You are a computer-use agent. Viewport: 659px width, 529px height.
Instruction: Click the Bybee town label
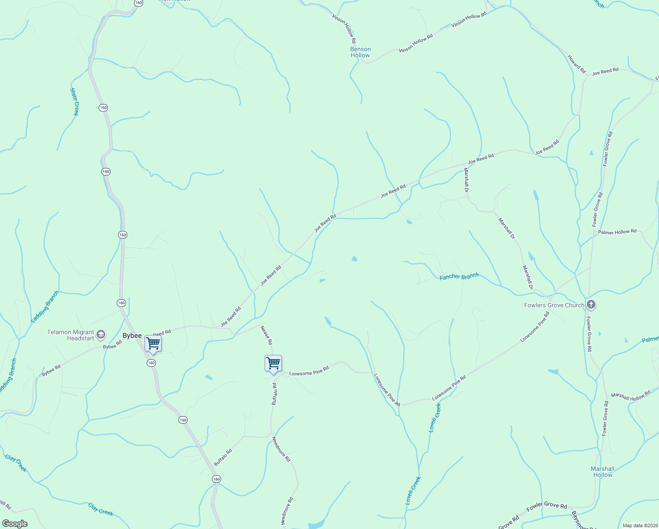(x=132, y=336)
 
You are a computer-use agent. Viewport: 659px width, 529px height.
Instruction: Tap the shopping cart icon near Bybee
(x=153, y=343)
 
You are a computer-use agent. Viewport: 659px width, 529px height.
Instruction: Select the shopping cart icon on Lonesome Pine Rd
(x=273, y=363)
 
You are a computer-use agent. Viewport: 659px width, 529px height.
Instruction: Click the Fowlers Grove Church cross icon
(x=591, y=305)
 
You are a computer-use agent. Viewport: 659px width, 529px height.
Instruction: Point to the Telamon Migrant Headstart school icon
(x=101, y=335)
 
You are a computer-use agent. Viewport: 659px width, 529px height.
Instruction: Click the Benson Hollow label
(x=360, y=52)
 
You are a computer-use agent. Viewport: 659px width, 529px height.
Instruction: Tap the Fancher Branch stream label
(x=459, y=276)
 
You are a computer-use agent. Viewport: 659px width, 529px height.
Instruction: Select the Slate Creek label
(x=74, y=102)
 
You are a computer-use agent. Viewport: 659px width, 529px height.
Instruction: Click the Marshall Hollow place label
(x=603, y=472)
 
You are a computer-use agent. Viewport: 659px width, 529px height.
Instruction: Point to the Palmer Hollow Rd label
(x=617, y=232)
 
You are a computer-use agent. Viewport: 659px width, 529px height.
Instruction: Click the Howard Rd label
(x=576, y=64)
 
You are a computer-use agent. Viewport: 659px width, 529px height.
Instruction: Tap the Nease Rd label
(x=267, y=335)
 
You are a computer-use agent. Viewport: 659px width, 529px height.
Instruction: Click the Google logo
(x=15, y=524)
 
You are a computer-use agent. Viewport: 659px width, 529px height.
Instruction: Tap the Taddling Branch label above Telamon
(x=44, y=307)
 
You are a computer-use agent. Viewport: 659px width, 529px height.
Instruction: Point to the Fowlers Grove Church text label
(x=554, y=305)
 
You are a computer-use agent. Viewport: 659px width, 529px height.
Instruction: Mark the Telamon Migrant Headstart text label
(x=70, y=335)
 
